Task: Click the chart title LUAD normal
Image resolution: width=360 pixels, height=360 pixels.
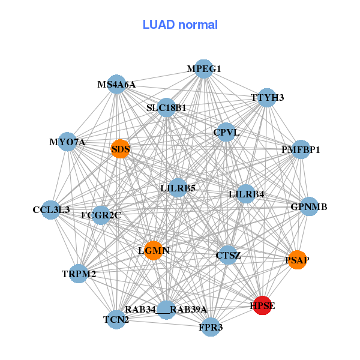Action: click(180, 25)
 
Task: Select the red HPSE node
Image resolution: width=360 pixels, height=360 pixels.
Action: click(263, 305)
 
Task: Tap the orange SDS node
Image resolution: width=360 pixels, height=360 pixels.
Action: click(121, 149)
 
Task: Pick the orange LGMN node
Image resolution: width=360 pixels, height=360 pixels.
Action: click(154, 250)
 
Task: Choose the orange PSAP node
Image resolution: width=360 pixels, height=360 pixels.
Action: click(297, 260)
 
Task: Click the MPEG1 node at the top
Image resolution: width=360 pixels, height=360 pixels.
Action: click(204, 69)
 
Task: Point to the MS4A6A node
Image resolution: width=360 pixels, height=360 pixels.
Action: click(117, 85)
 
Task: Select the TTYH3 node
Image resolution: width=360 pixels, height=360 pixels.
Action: click(267, 98)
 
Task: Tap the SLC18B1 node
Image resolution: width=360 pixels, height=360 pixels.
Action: click(166, 108)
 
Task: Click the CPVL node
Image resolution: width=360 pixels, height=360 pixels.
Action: click(226, 132)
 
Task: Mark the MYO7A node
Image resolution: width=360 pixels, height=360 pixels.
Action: click(68, 142)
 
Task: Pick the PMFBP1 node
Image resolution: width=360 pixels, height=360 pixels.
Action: click(301, 149)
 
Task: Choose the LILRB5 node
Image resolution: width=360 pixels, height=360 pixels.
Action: click(178, 188)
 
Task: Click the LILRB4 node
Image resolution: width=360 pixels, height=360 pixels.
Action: click(246, 194)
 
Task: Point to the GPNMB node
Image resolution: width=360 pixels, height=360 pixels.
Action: click(308, 207)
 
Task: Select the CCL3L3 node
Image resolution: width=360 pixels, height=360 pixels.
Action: click(52, 210)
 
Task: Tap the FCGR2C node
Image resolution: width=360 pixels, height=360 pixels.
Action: click(101, 215)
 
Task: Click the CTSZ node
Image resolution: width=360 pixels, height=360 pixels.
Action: click(228, 256)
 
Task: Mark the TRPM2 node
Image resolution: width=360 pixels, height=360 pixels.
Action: click(79, 274)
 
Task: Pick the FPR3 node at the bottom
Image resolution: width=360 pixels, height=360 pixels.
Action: click(211, 327)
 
